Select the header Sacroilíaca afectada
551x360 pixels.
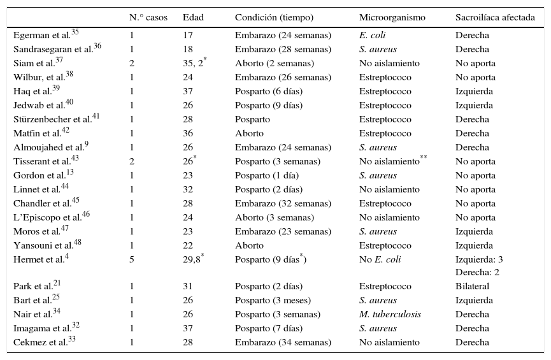click(495, 18)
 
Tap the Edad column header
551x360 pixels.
click(193, 18)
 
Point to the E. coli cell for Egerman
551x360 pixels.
click(373, 36)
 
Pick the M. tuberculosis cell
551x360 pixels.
click(390, 315)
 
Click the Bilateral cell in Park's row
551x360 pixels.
click(472, 287)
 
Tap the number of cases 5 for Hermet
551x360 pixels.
click(131, 260)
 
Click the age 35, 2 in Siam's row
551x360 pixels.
click(193, 64)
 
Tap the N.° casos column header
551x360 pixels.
click(148, 18)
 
